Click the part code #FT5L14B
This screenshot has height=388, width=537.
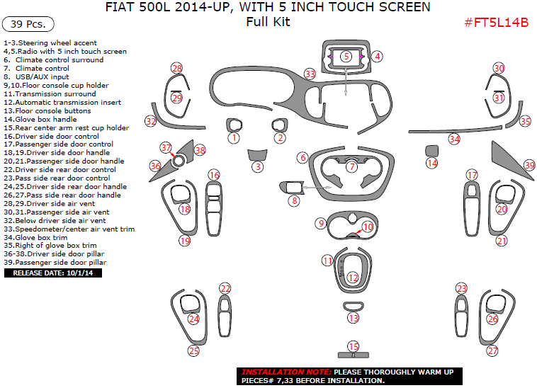click(496, 22)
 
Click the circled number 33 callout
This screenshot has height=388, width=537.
click(310, 74)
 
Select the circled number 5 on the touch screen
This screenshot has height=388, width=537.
click(346, 56)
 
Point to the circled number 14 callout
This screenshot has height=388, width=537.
click(432, 163)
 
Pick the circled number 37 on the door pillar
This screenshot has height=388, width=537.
click(166, 148)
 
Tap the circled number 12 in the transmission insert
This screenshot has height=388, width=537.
click(353, 278)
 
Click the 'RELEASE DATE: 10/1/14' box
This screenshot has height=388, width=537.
click(53, 273)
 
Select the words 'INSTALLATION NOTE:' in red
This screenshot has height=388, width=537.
click(286, 372)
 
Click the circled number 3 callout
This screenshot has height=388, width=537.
click(259, 166)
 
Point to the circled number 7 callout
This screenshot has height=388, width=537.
click(352, 167)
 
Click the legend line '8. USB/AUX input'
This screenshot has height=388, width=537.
click(37, 76)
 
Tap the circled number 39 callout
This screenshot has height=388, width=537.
click(528, 165)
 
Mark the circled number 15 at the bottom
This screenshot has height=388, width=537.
click(354, 346)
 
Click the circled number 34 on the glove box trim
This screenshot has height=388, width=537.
click(454, 139)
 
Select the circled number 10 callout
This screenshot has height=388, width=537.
click(368, 227)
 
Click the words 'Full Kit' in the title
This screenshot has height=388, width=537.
click(268, 22)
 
